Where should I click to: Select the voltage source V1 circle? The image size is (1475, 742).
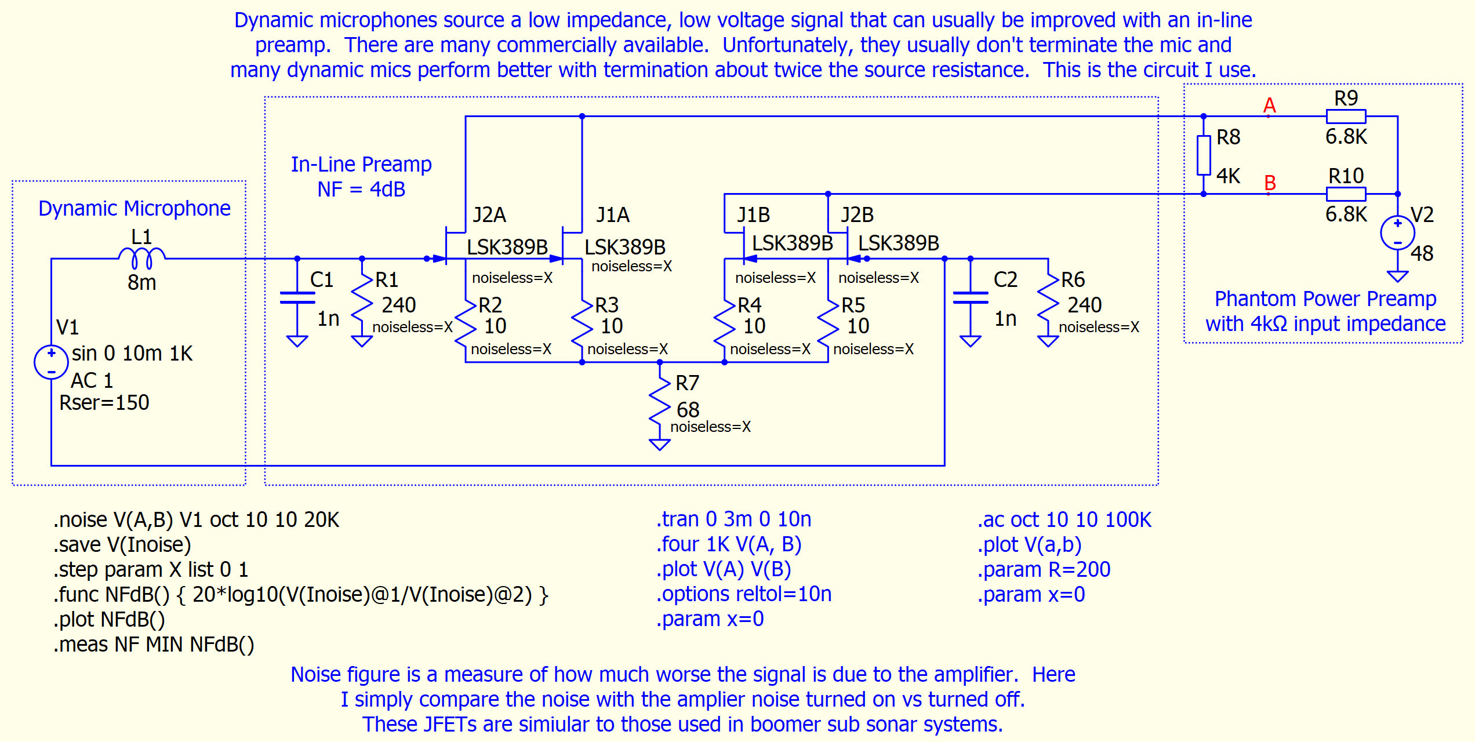[52, 362]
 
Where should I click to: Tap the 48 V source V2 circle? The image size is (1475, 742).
[1398, 232]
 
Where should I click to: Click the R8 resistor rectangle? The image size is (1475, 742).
[1204, 155]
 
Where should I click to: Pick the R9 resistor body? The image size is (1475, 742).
[1346, 117]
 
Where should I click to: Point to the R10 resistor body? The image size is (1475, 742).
[1346, 194]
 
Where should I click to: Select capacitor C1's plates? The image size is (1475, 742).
[297, 297]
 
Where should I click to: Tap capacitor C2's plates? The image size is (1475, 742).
[971, 297]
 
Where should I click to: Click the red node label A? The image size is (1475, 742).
[1269, 106]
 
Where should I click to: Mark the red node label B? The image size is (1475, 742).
[1270, 183]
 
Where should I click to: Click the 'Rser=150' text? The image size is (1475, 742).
[104, 402]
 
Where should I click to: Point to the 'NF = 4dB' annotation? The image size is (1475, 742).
[361, 189]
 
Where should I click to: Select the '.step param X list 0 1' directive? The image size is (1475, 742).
[151, 569]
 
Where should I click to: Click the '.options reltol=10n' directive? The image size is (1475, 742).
[744, 594]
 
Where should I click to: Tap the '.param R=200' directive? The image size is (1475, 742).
[1044, 570]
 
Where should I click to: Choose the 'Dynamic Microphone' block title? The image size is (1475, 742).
[135, 208]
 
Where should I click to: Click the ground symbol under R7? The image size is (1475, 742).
[660, 444]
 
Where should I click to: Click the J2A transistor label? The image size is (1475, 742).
[489, 215]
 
